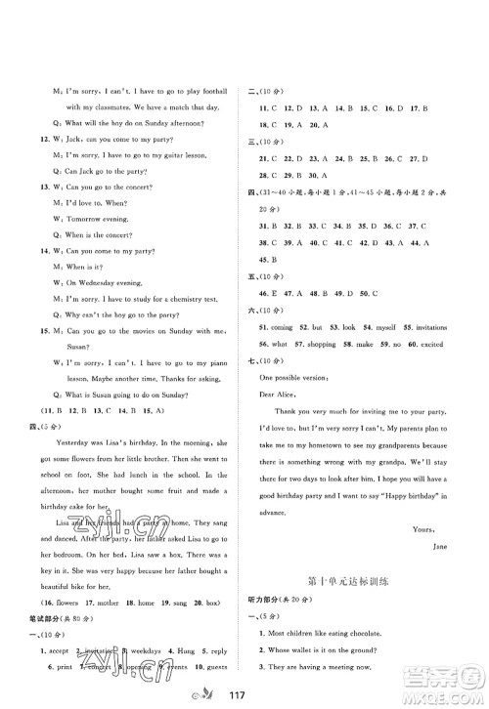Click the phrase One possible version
point(295,376)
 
